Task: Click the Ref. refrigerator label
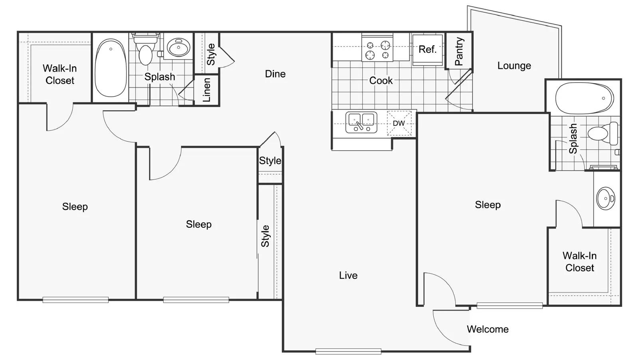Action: point(427,50)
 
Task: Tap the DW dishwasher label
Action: point(399,123)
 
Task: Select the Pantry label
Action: point(459,52)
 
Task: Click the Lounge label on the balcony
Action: point(514,66)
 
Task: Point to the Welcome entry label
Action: point(488,329)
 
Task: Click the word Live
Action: point(348,275)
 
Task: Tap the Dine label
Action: point(275,74)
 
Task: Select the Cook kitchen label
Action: point(381,80)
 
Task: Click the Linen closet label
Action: point(206,90)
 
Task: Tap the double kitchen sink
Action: point(361,123)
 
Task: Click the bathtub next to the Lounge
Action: point(584,98)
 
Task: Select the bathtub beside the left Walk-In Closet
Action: point(111,68)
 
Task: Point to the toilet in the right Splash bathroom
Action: point(603,133)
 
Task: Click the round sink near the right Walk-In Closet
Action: point(605,199)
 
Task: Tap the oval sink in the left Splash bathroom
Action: point(179,47)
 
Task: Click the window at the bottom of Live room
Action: point(348,352)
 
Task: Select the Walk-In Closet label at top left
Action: point(60,74)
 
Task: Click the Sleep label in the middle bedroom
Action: point(198,225)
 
